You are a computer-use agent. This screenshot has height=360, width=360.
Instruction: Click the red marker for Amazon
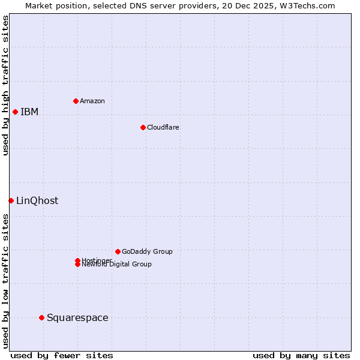(x=76, y=101)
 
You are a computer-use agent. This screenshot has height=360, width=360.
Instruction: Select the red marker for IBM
(x=15, y=112)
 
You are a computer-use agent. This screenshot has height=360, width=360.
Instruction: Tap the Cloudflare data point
(x=143, y=127)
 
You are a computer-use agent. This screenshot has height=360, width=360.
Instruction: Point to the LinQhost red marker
(x=11, y=200)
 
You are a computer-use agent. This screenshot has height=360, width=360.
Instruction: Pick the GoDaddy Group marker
(x=118, y=251)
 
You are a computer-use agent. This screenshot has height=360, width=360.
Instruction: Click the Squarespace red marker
(x=41, y=317)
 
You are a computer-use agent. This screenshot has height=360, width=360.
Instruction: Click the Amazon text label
(x=92, y=101)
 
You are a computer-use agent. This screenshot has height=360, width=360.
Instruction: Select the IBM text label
(x=29, y=112)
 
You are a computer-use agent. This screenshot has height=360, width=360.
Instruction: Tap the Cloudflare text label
(x=163, y=127)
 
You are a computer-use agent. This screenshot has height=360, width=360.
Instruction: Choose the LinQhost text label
(x=37, y=200)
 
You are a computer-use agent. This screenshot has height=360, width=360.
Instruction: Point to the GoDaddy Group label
(x=147, y=251)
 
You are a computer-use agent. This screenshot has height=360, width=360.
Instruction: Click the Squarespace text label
(x=77, y=317)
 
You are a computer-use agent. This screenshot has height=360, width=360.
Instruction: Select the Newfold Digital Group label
(x=117, y=265)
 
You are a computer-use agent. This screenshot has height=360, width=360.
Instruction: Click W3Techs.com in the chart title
(x=307, y=5)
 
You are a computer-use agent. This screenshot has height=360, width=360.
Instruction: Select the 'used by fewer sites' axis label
(x=62, y=355)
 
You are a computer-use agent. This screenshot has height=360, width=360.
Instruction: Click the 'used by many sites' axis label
(x=301, y=355)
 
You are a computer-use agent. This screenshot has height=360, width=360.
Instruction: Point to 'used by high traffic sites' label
(x=5, y=85)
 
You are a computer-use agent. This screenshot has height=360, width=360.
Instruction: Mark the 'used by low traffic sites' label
(x=5, y=281)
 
